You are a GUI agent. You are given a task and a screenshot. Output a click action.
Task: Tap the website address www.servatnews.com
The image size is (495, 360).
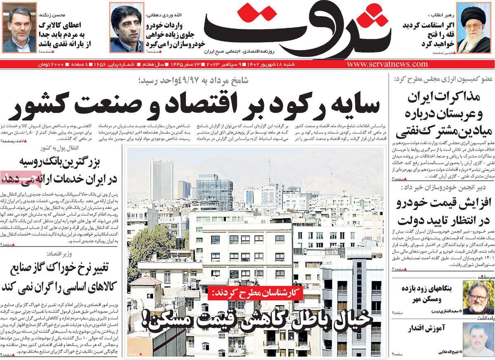click(x=387, y=64)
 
